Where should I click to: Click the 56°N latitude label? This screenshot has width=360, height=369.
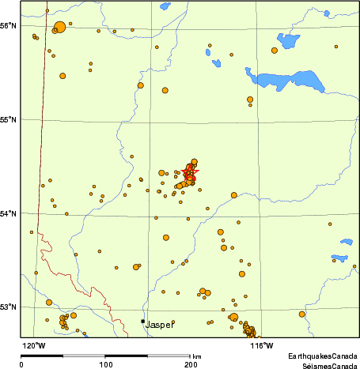pos(9,25)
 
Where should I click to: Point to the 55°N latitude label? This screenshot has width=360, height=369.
pos(9,119)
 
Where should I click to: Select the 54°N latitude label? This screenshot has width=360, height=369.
pos(9,213)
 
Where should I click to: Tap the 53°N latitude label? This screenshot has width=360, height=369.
pos(9,307)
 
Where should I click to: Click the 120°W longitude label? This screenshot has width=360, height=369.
pos(33,345)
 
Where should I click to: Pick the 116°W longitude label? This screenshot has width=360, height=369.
pos(262,345)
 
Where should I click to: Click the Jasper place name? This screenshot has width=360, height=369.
pos(161,325)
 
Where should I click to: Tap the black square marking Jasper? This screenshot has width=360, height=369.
pos(142,321)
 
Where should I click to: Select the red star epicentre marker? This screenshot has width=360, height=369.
pos(190,172)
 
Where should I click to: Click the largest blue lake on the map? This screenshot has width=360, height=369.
pos(289,81)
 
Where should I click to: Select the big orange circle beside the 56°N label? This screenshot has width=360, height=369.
pos(59,28)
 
